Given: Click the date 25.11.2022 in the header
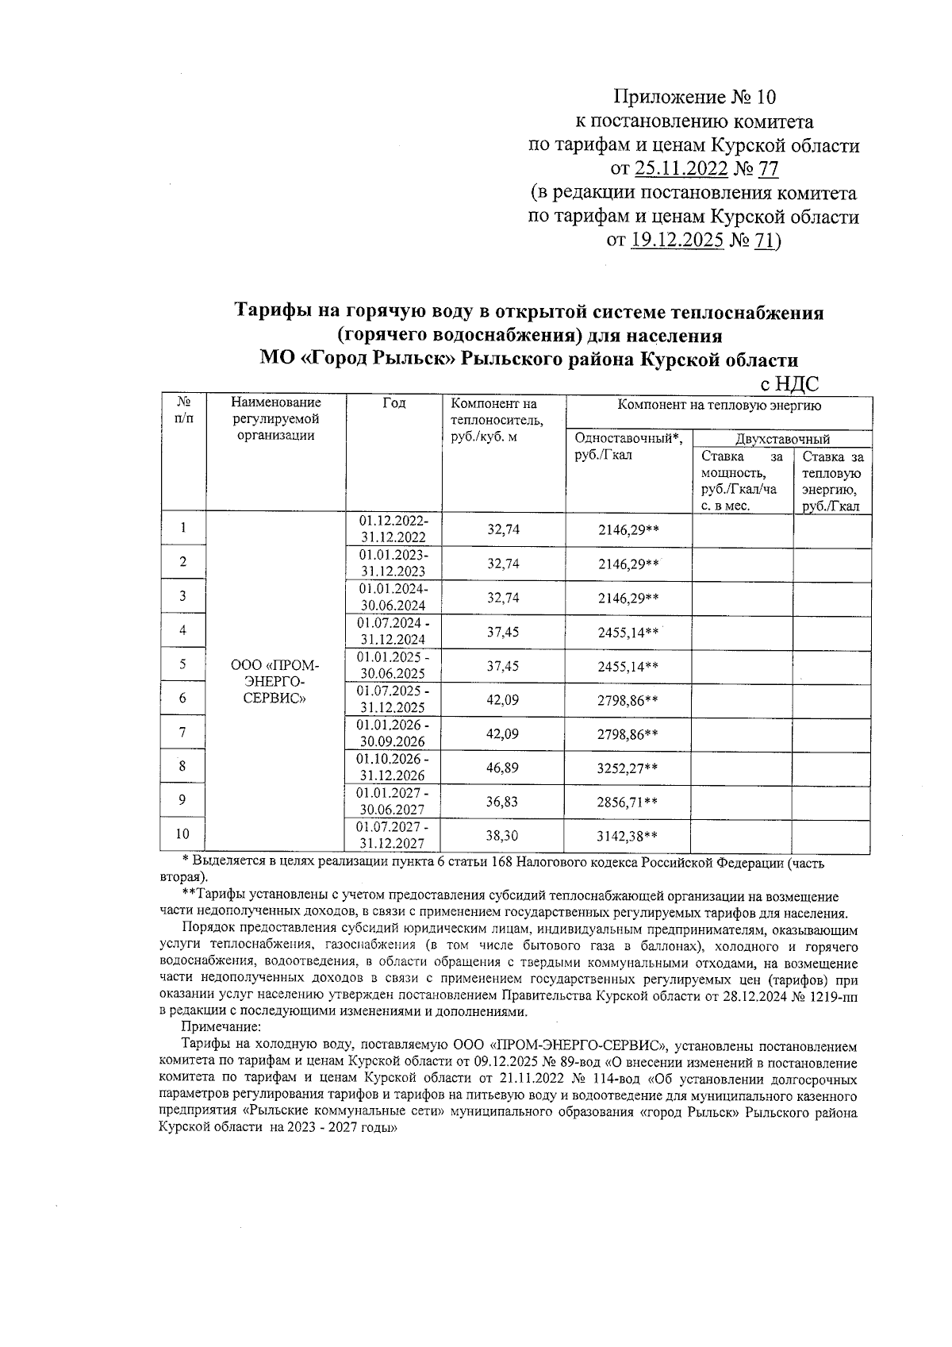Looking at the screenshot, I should (680, 168).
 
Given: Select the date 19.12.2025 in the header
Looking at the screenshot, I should (677, 240).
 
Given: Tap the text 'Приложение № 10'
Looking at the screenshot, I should (694, 98).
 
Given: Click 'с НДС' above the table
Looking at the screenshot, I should (789, 384).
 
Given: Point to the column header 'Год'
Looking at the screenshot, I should (393, 403).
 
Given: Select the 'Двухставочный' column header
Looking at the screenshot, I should (782, 438).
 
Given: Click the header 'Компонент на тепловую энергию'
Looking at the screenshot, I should (719, 405).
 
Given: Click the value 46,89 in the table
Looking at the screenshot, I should (502, 768).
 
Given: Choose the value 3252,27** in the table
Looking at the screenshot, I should (628, 768).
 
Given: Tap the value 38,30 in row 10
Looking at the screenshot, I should (502, 835).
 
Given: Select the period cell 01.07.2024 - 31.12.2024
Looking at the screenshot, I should (393, 631).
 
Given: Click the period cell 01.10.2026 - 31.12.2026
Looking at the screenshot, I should (393, 768).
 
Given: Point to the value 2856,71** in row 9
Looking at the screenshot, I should (628, 802).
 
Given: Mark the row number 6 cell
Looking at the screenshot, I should (182, 699).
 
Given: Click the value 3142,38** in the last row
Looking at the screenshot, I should (628, 835).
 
